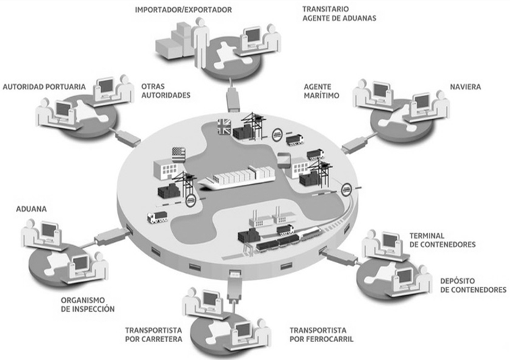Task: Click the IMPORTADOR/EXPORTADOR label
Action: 183,10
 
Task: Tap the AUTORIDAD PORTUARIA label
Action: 44,87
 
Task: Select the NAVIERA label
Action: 465,87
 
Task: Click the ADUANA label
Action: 31,209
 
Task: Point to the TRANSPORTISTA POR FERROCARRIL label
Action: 321,335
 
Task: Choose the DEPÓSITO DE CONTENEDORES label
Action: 473,285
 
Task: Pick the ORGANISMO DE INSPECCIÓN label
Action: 88,305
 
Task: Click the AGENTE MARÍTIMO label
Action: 321,91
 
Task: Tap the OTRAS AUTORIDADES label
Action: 166,91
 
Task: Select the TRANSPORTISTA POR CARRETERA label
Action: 154,335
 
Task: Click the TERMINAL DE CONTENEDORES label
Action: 442,240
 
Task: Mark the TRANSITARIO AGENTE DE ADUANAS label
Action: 339,14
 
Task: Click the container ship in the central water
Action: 237,178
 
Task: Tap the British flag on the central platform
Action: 224,127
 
